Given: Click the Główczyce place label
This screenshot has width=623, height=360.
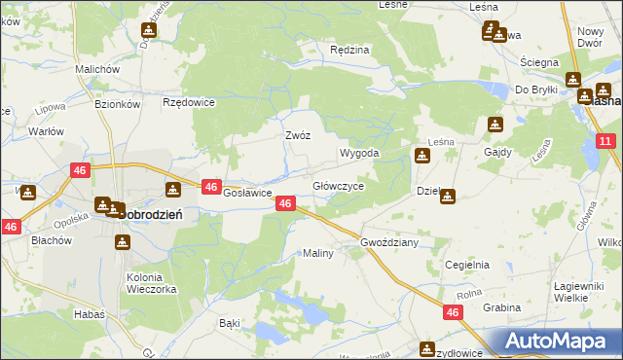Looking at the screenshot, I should tap(338, 186).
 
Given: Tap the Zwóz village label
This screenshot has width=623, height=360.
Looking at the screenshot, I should tap(297, 136).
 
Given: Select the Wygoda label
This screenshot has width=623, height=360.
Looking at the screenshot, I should tap(358, 154).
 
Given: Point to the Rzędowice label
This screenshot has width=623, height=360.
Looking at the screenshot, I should tap(189, 102).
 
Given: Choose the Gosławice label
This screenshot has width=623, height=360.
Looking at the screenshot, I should tap(247, 193).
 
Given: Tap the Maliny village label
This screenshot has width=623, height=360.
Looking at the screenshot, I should tap(318, 253).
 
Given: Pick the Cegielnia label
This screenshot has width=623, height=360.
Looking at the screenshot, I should tap(467, 265).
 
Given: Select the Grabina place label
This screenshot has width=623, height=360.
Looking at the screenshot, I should tap(500, 307).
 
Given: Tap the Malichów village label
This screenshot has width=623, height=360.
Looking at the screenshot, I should tap(97, 70).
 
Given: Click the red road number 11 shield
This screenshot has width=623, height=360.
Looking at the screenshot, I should tap(605, 142).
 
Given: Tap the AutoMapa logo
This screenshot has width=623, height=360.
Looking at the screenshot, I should tap(558, 342).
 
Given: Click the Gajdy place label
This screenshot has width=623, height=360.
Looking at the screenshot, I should tap(497, 153).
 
